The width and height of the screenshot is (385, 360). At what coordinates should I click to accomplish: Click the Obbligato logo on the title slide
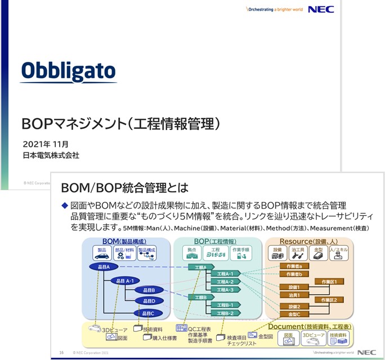click(x=68, y=71)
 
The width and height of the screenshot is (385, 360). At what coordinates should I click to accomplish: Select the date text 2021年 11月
click(x=46, y=144)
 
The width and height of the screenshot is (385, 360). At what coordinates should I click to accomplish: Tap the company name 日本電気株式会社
click(x=51, y=155)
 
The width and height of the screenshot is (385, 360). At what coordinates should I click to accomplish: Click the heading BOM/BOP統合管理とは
click(x=124, y=187)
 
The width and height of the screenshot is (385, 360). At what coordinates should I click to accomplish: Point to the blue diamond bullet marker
click(x=64, y=206)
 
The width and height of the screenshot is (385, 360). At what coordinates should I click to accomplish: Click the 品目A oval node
click(x=104, y=267)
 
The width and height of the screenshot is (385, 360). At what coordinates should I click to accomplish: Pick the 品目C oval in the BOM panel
click(x=149, y=313)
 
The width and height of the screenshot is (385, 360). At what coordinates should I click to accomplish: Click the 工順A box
click(x=201, y=267)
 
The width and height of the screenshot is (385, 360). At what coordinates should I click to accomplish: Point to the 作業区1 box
click(x=329, y=281)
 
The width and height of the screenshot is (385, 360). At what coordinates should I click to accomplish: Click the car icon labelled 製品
click(x=102, y=253)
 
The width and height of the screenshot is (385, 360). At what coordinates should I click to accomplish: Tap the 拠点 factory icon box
click(x=191, y=253)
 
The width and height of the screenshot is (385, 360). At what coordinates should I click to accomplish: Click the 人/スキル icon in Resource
click(x=338, y=253)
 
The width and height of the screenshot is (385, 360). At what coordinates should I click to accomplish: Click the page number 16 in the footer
click(x=61, y=353)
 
